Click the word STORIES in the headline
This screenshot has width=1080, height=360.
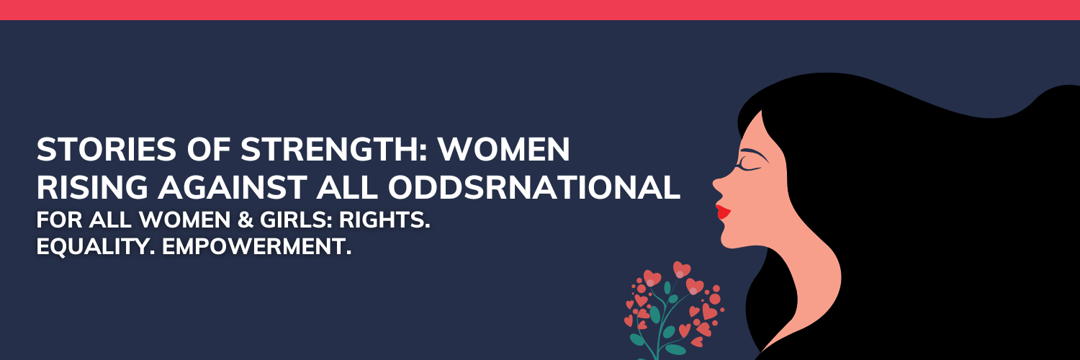[x=107, y=149]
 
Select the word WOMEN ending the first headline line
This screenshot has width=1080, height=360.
[x=504, y=149]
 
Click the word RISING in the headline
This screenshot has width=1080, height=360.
[x=92, y=187]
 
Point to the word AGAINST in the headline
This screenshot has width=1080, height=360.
[x=233, y=187]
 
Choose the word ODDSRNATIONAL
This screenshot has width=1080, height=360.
[x=534, y=187]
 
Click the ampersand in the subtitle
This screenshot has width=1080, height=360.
[x=246, y=220]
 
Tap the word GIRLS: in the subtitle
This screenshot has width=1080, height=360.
[x=297, y=220]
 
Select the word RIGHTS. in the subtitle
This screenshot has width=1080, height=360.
[x=384, y=220]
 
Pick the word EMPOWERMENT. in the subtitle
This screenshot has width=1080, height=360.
[x=256, y=247]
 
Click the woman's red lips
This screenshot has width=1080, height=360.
[x=723, y=212]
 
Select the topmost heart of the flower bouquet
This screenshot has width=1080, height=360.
[x=681, y=269]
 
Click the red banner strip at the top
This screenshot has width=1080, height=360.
[x=540, y=9]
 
